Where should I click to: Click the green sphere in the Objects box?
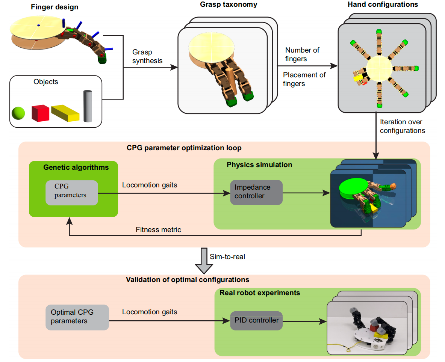pyautogui.click(x=18, y=112)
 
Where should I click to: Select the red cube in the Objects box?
pyautogui.click(x=40, y=113)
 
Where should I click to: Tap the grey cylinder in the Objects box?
pyautogui.click(x=88, y=106)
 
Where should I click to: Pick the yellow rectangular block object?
pyautogui.click(x=65, y=113)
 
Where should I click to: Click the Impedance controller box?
pyautogui.click(x=256, y=192)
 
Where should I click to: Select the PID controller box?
pyautogui.click(x=256, y=320)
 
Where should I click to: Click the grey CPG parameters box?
pyautogui.click(x=71, y=193)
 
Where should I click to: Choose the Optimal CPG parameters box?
pyautogui.click(x=77, y=317)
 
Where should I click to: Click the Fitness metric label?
pyautogui.click(x=158, y=229)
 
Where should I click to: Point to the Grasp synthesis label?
pyautogui.click(x=147, y=56)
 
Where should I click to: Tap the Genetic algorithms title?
pyautogui.click(x=76, y=167)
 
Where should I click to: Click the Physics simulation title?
pyautogui.click(x=259, y=165)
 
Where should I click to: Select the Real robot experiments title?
pyautogui.click(x=260, y=293)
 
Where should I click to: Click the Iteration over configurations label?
pyautogui.click(x=402, y=127)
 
